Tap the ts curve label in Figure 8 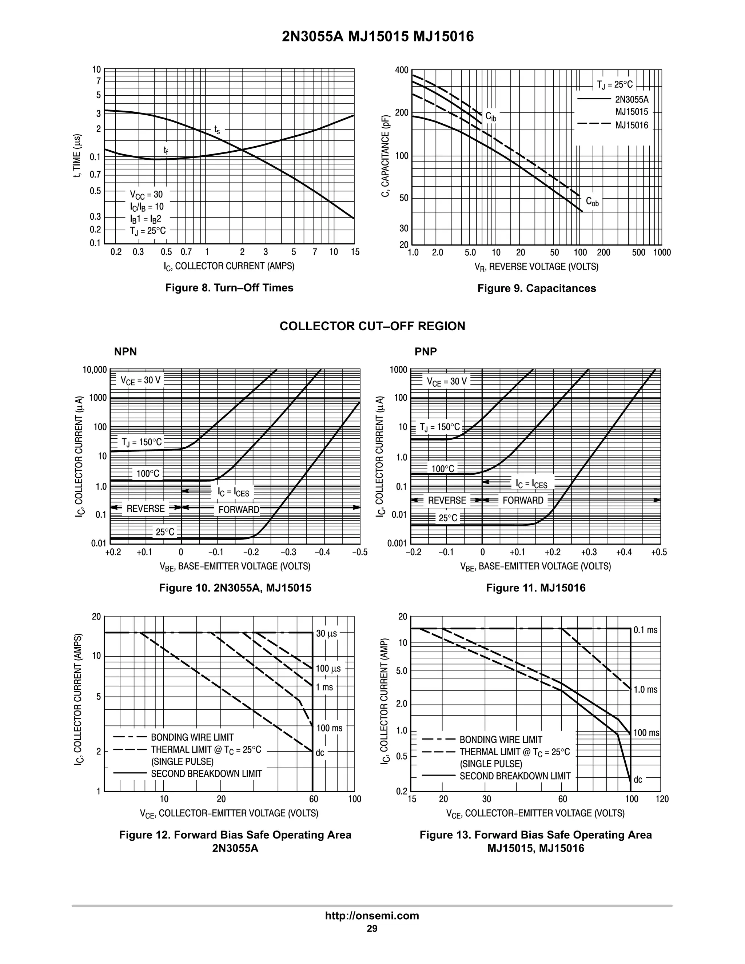217,130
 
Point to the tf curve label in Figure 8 166,151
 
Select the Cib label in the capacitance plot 490,116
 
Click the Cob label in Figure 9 592,202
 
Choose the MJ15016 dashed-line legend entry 632,126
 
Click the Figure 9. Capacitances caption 536,288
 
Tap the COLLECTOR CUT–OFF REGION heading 372,326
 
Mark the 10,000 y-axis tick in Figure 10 95,370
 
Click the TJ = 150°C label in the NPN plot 142,442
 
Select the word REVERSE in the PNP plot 447,500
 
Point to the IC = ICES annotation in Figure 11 531,484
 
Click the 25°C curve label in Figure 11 447,518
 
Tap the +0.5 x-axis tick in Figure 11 658,553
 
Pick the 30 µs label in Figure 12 326,634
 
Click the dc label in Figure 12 320,753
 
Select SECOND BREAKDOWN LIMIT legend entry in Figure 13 515,776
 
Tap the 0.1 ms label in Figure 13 645,630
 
